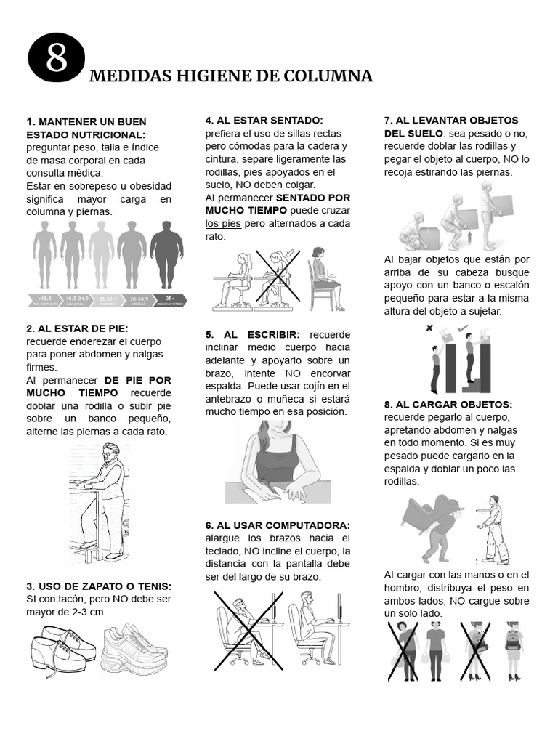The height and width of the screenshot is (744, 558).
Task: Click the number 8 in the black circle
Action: [x=57, y=58]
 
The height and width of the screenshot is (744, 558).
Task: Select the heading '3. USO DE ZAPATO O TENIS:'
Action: [x=99, y=586]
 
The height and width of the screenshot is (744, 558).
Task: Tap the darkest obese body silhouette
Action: [x=166, y=254]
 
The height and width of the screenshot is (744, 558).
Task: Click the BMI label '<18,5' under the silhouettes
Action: [x=44, y=298]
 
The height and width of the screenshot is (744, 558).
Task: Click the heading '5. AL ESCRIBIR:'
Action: [x=252, y=334]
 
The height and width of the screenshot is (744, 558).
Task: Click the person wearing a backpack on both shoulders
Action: [x=514, y=649]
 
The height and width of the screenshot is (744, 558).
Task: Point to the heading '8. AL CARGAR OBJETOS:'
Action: [x=448, y=404]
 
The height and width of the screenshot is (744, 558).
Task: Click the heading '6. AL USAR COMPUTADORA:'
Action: [x=278, y=525]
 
